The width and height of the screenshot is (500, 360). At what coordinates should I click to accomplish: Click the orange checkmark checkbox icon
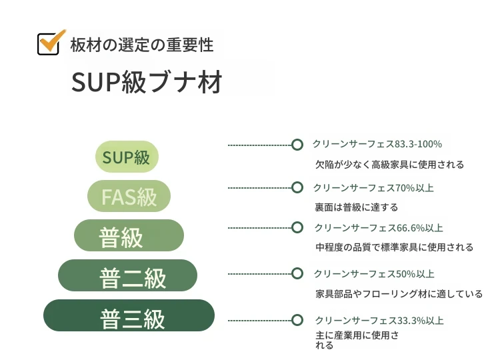(x=51, y=43)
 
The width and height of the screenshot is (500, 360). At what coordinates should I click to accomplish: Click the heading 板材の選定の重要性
(x=141, y=45)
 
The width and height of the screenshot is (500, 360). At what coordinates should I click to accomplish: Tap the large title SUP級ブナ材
(x=147, y=82)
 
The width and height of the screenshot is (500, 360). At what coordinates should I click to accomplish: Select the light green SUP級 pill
(x=127, y=157)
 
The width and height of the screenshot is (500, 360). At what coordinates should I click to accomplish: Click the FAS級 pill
(x=129, y=196)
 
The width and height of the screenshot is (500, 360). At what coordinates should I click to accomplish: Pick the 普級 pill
(x=129, y=235)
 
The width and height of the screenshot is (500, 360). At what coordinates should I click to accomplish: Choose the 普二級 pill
(x=127, y=275)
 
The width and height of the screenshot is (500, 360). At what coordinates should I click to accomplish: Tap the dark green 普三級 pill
(x=129, y=315)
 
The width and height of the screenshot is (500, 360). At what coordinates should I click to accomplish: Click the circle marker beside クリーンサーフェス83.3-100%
(x=297, y=145)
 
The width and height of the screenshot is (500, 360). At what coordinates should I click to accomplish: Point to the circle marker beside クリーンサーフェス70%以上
(x=297, y=187)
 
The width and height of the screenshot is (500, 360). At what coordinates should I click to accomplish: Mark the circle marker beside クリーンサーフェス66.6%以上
(x=297, y=228)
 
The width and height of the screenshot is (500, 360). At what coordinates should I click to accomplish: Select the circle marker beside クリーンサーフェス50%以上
(x=297, y=273)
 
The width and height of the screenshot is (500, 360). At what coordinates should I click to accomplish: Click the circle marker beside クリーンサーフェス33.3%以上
(x=297, y=320)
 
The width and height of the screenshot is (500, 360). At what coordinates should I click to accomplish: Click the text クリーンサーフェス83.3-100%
(x=377, y=144)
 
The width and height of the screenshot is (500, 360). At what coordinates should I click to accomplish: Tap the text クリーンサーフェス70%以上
(x=373, y=188)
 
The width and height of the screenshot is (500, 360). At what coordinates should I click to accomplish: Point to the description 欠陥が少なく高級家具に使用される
(x=390, y=165)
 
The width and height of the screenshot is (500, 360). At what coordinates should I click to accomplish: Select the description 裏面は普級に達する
(x=357, y=207)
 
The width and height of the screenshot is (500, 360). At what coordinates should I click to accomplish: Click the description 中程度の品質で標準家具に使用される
(x=395, y=247)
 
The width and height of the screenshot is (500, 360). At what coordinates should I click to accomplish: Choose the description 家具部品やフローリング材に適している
(x=399, y=294)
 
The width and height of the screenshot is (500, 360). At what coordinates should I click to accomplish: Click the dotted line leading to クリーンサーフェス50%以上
(x=260, y=274)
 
